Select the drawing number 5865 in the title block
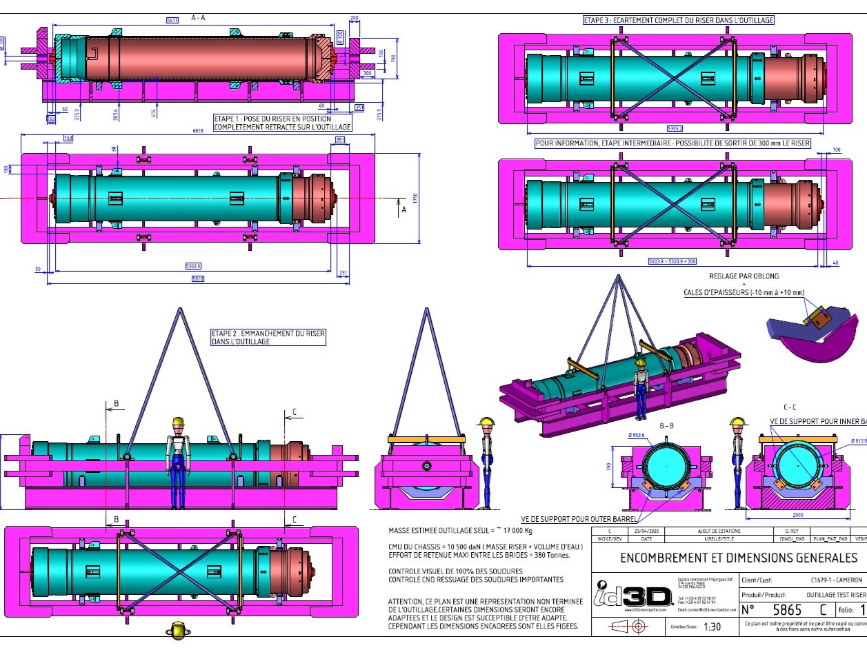[788, 610]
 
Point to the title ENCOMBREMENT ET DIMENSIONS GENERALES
[738, 558]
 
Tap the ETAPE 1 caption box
[282, 123]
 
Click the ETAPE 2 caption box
[268, 337]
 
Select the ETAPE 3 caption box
[679, 21]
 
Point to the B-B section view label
[666, 427]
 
